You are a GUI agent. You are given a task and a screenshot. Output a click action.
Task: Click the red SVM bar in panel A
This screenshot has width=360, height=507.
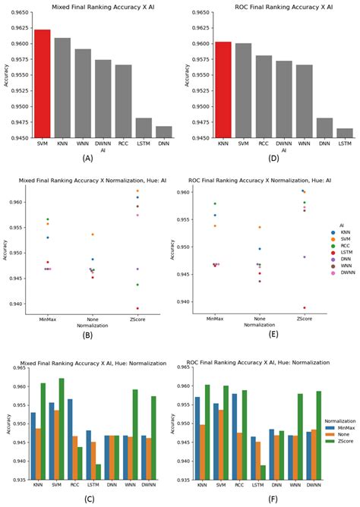click(x=43, y=83)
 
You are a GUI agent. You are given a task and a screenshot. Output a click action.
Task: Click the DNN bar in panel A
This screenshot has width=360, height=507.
click(x=164, y=132)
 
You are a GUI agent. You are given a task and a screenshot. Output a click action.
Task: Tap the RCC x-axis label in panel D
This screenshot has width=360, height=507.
click(x=264, y=143)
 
